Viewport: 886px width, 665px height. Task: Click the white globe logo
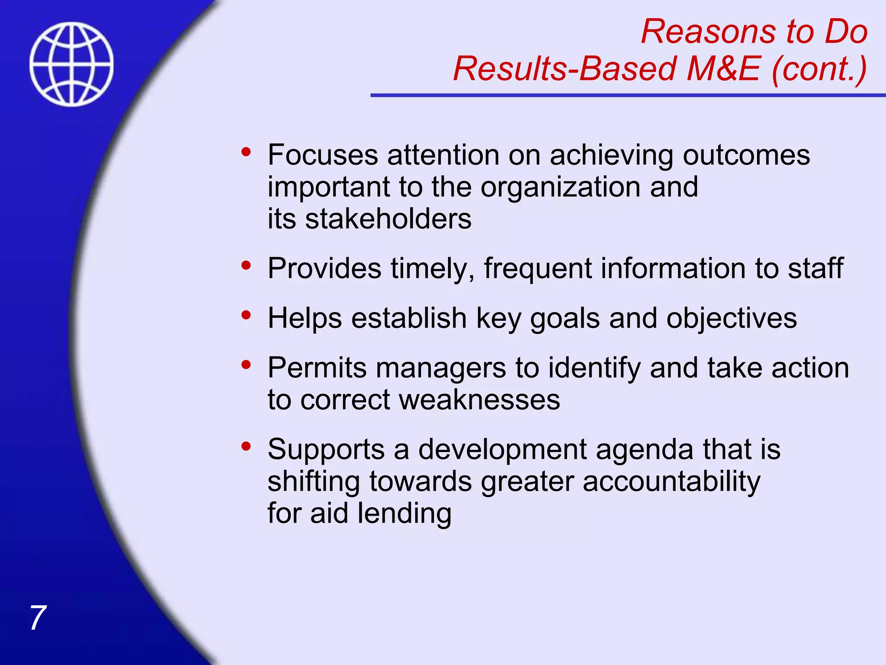(71, 64)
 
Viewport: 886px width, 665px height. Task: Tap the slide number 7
(38, 618)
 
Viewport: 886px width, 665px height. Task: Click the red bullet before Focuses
(246, 152)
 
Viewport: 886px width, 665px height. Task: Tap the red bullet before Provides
(246, 265)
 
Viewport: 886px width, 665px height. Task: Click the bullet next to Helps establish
(246, 315)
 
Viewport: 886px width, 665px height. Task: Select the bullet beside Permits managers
(246, 365)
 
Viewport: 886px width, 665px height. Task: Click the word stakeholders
(388, 219)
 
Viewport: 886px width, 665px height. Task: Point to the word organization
(560, 187)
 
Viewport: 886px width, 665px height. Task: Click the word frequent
(537, 268)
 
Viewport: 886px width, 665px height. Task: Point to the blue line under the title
(627, 95)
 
